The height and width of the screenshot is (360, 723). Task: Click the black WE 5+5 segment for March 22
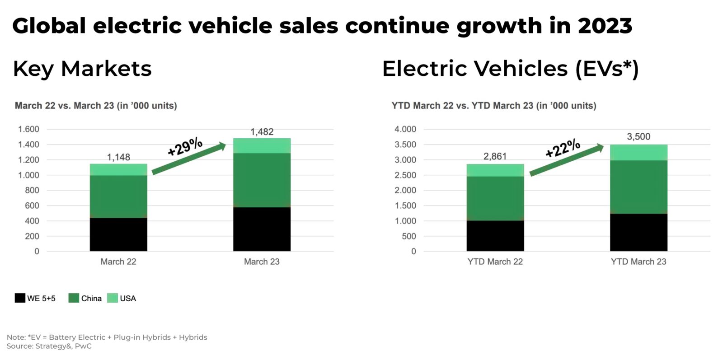coord(118,234)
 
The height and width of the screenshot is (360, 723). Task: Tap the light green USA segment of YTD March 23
coord(638,153)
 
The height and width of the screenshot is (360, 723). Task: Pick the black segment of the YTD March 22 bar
coord(495,236)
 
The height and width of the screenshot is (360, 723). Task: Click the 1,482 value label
coord(262,132)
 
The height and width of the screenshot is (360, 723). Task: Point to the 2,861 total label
coord(495,156)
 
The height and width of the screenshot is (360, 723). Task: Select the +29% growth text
coord(185,146)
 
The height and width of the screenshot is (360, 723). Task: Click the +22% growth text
coord(563,148)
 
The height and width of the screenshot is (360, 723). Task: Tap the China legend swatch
coord(74,298)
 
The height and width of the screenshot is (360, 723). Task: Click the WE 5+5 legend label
coord(41,298)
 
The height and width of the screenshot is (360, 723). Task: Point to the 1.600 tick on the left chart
coord(28,129)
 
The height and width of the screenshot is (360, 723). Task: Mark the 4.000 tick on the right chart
coord(405,129)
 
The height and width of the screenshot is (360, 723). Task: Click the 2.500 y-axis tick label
coord(405,175)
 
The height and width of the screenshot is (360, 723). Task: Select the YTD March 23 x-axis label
coord(638,262)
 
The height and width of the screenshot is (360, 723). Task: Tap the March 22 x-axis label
coord(118,262)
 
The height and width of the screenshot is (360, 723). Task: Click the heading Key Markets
coord(82,69)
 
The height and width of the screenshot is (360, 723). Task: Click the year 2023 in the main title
coord(605,26)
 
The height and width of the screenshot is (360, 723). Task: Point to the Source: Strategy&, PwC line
coord(49,346)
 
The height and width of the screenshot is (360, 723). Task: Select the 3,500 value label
coord(638,136)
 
